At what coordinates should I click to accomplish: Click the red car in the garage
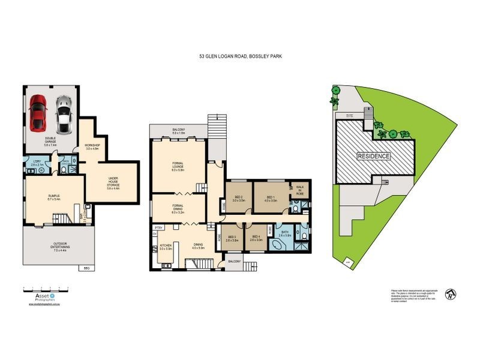click(38, 112)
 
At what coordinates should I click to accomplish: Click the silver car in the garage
click(63, 115)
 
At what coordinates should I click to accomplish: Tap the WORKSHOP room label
click(92, 147)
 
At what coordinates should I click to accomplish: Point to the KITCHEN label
click(166, 246)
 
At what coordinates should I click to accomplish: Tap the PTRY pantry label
click(159, 228)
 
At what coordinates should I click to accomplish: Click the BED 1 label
click(271, 199)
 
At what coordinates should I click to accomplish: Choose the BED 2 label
click(239, 199)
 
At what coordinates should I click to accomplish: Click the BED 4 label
click(256, 239)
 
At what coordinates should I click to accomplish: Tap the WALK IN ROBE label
click(300, 190)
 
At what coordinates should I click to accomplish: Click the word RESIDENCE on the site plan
click(374, 157)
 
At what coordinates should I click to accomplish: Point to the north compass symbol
click(448, 294)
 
